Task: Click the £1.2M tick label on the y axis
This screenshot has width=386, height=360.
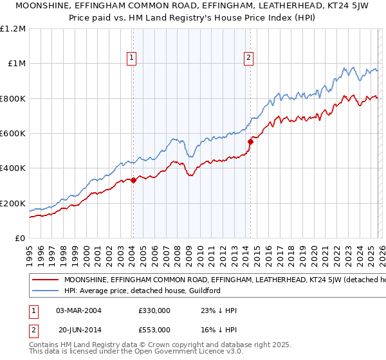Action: click(14, 29)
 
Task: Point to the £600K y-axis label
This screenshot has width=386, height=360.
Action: click(14, 134)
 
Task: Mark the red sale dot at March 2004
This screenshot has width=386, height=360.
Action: click(133, 181)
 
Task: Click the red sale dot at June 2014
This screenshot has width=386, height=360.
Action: click(250, 142)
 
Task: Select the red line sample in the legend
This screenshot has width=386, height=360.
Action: click(45, 280)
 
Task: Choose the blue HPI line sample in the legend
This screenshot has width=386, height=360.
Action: click(45, 291)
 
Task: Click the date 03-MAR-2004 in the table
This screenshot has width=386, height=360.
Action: click(78, 310)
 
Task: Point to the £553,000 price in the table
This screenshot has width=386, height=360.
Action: click(154, 329)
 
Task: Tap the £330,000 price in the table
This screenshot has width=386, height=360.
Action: click(154, 310)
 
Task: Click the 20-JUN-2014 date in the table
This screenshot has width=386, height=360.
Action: click(78, 329)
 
